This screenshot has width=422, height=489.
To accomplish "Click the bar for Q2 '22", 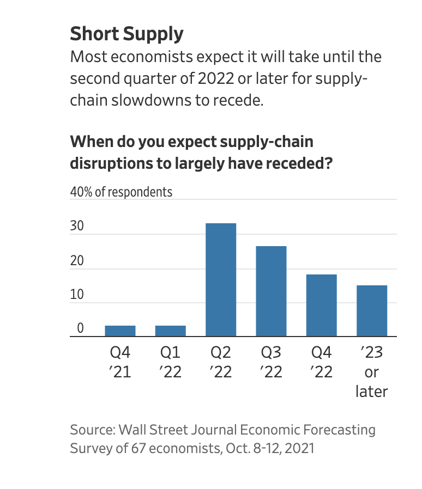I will tap(221, 280).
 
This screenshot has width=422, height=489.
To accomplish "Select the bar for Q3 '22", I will tap(271, 291).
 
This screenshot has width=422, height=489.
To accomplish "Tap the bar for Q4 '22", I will tap(322, 305).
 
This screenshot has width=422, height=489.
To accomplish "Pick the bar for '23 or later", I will tap(372, 311).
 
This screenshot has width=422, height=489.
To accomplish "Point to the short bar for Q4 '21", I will tap(120, 331).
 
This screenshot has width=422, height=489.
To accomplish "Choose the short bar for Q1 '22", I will tap(171, 331).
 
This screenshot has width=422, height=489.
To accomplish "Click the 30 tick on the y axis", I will tap(77, 227).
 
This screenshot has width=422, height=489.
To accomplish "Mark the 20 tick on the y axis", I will tap(77, 261).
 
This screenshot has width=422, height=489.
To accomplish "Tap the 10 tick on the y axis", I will tap(77, 295).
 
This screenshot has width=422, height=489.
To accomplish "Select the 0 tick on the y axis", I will tap(80, 328).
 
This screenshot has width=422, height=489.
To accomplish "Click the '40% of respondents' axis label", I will tap(121, 192).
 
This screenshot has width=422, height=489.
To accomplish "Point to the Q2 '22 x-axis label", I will tap(220, 363).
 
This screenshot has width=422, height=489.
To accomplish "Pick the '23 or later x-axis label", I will tap(372, 372).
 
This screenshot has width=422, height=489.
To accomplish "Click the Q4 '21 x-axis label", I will tap(120, 363).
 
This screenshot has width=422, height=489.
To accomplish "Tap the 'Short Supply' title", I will tap(126, 34).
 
